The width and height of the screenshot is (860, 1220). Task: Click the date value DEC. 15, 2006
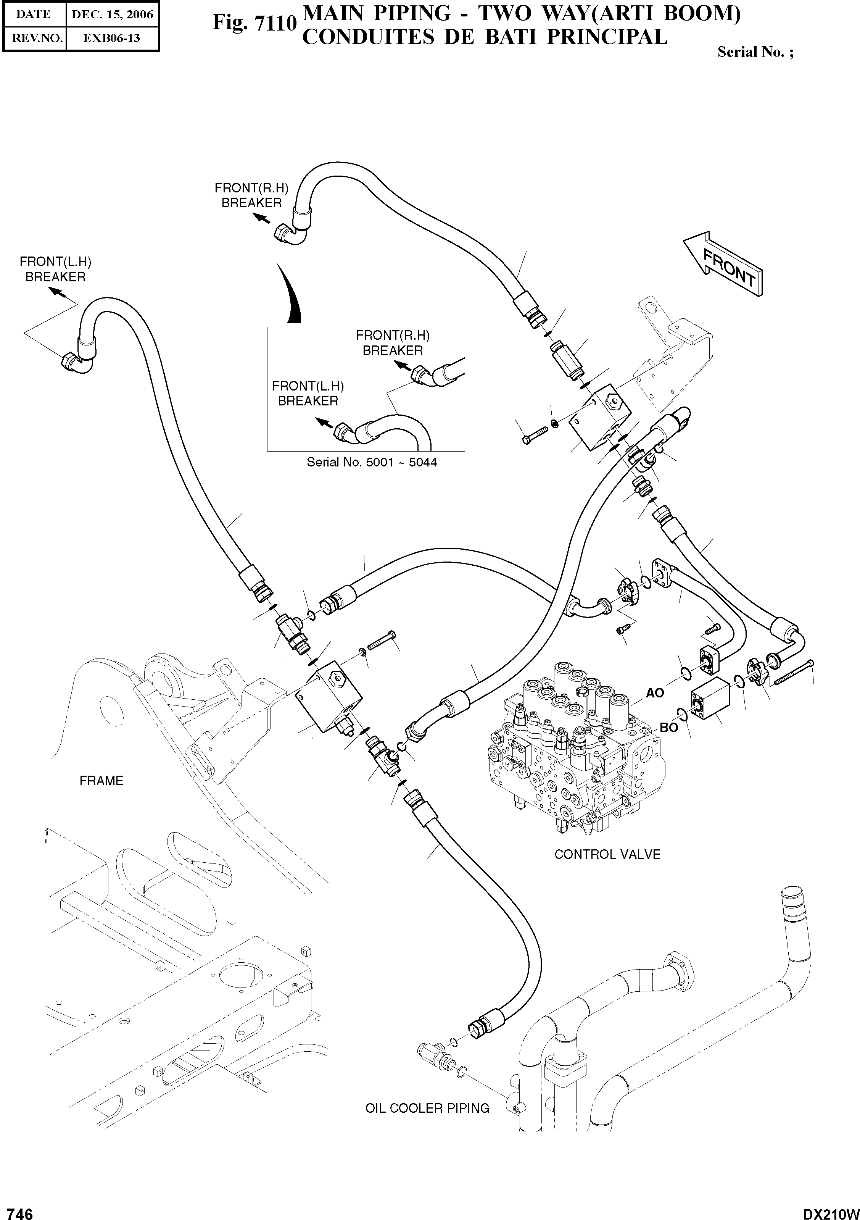tap(112, 15)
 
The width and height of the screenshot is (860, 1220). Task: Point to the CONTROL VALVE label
tap(607, 854)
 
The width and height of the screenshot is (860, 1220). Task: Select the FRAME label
tap(101, 781)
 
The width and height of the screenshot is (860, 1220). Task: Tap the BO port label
tap(669, 728)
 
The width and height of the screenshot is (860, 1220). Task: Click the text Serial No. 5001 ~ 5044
tap(372, 462)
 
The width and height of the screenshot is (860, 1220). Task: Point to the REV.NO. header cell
tap(34, 38)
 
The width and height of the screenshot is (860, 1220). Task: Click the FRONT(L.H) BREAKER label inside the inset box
tap(308, 393)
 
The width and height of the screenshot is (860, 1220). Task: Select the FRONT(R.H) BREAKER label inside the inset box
tap(393, 343)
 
